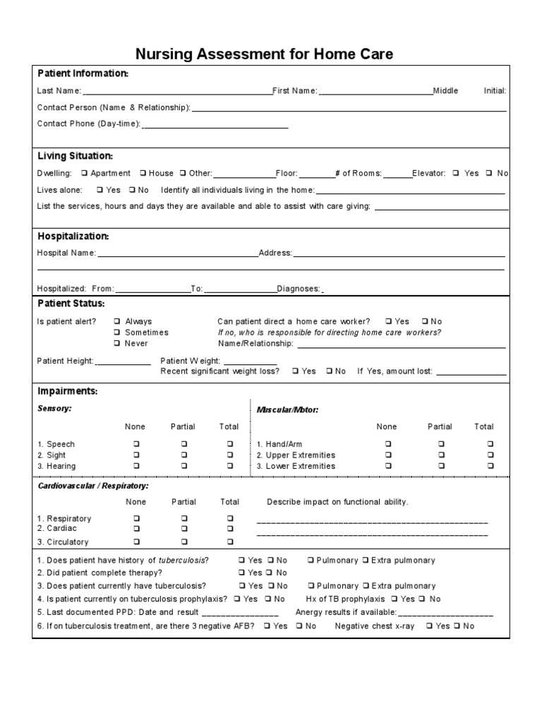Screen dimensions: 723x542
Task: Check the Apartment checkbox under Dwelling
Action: tap(85, 173)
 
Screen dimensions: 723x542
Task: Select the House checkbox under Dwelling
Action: tap(143, 173)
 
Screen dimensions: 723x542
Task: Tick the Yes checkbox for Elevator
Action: tap(457, 173)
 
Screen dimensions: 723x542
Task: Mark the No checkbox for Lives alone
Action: tap(131, 190)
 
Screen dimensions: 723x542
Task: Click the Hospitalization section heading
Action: tap(73, 236)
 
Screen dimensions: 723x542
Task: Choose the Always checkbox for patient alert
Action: tap(117, 321)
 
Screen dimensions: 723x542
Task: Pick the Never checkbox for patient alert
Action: tap(117, 343)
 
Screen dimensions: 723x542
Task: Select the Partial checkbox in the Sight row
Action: tap(183, 455)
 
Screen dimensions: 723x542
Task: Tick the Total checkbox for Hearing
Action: tap(229, 466)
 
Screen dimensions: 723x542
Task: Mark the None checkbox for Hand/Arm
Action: tap(387, 444)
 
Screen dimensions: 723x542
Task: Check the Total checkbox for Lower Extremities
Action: tap(490, 466)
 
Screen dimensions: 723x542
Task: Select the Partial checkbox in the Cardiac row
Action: tap(183, 528)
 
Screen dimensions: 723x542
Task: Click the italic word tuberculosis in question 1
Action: tap(183, 560)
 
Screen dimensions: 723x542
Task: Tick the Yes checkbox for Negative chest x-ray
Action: tap(428, 626)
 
